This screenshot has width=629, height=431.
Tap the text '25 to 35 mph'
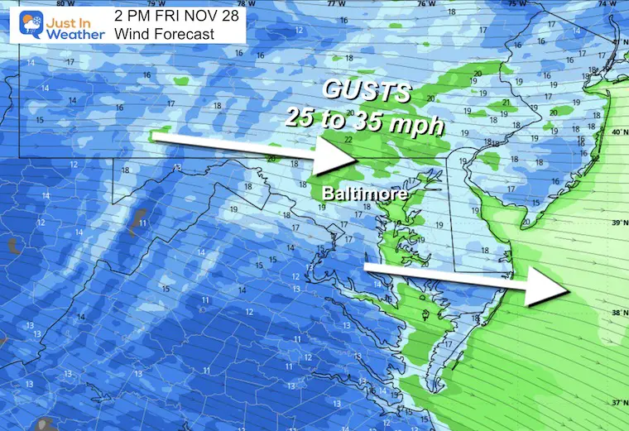[x=364, y=117]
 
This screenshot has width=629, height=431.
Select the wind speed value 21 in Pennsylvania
[x=507, y=103]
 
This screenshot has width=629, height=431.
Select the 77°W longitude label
[x=335, y=4]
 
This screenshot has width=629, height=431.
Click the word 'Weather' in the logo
[x=75, y=34]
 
